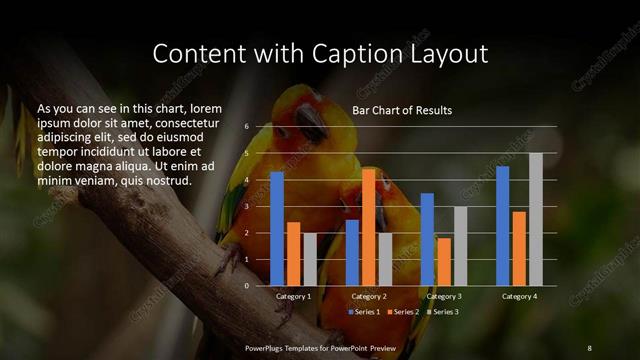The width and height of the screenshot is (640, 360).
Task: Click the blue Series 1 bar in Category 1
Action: [277, 228]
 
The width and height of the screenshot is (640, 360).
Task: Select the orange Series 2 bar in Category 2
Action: [368, 227]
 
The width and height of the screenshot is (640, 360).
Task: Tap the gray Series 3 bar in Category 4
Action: [536, 219]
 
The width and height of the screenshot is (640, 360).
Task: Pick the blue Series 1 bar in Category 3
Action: [427, 239]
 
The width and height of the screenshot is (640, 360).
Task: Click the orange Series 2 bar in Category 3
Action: [443, 261]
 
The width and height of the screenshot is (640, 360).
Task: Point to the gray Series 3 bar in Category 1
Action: [309, 259]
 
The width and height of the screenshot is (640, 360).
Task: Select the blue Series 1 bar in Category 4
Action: [503, 226]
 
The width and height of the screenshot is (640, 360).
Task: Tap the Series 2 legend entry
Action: [403, 312]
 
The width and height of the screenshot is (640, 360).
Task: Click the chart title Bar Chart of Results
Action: [402, 110]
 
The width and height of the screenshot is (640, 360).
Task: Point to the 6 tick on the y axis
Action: [246, 127]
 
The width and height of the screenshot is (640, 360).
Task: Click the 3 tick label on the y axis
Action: [246, 206]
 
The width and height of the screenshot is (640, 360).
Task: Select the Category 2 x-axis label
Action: [369, 297]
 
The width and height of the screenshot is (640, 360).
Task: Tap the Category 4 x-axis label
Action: [519, 297]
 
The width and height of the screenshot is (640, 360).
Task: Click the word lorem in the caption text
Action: [204, 107]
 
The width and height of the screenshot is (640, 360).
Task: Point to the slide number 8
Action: [589, 347]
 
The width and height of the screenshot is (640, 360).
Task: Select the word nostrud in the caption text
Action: [167, 180]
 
